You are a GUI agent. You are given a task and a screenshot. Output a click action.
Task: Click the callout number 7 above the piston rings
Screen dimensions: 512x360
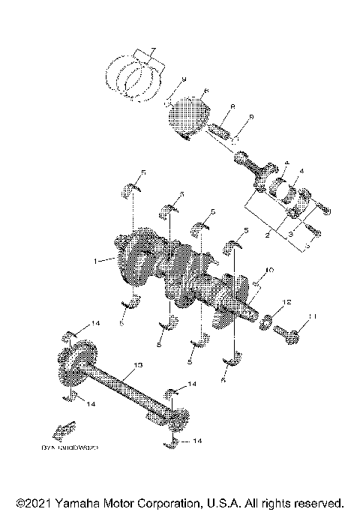point(152,50)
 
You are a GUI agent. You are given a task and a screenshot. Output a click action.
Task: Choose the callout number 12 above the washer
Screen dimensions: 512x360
point(286,302)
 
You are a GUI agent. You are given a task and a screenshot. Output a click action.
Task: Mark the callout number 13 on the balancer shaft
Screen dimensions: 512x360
point(136,365)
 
